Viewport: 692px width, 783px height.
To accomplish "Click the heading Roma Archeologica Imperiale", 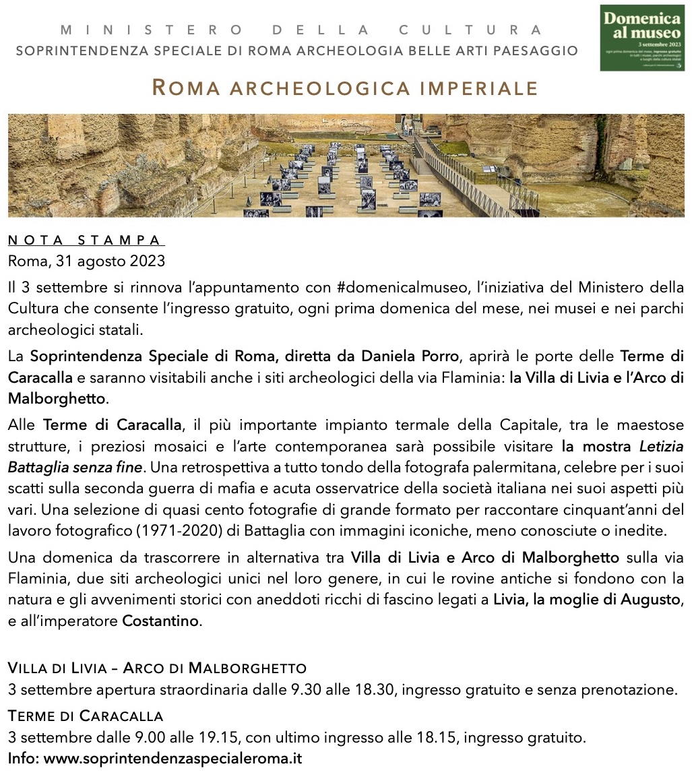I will tap(345, 88).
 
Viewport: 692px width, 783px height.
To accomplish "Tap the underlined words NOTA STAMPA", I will tap(86, 241).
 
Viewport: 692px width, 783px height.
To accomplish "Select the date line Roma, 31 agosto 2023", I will tap(86, 260).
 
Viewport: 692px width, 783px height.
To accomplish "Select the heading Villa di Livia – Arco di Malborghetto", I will tap(157, 668).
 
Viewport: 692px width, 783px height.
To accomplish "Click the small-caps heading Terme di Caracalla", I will tap(86, 716).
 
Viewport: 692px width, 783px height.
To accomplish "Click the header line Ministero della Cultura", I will tap(301, 30).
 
